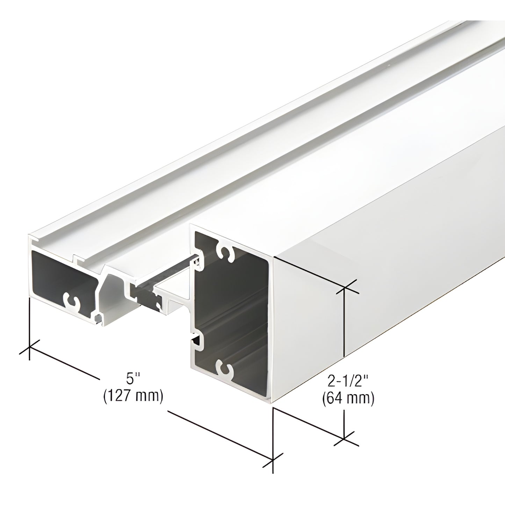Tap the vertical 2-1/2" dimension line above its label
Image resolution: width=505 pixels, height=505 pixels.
click(x=345, y=322)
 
